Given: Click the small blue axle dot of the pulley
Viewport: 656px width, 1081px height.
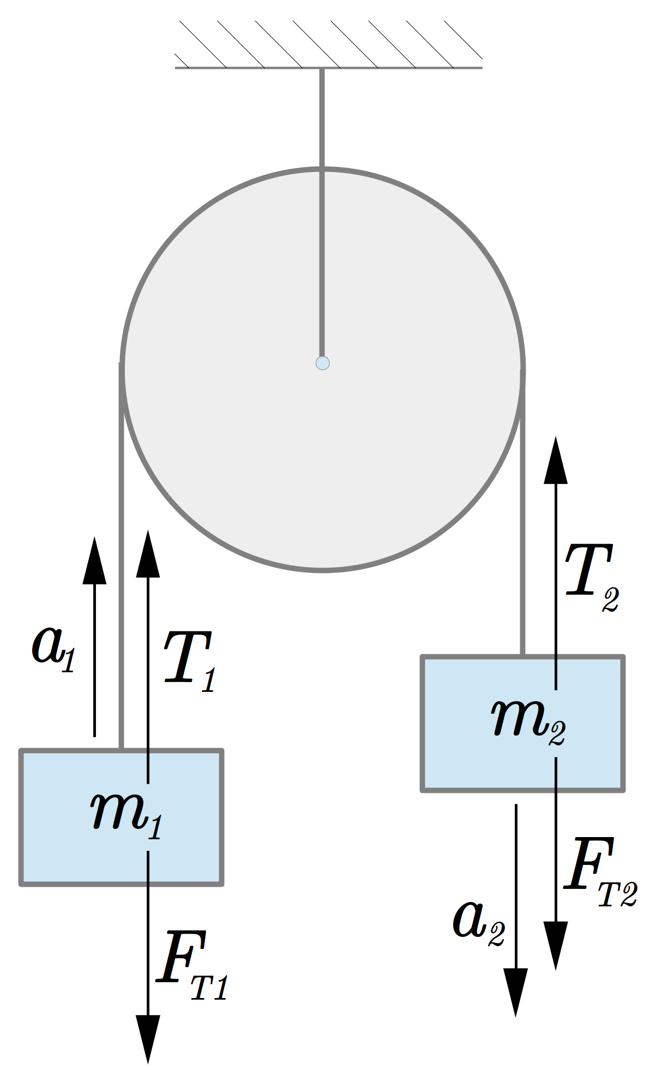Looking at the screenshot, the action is (322, 363).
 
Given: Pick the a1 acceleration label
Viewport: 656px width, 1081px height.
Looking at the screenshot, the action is (53, 649).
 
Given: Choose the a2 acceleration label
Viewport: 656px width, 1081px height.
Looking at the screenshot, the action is (479, 922).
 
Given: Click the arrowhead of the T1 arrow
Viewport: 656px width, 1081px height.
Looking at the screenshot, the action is (148, 553).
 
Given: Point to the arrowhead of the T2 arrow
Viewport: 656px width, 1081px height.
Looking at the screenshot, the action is (556, 460).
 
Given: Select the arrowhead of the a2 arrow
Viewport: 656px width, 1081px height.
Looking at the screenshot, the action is (515, 993).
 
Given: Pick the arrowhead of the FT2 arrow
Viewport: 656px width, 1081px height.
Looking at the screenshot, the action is (556, 946).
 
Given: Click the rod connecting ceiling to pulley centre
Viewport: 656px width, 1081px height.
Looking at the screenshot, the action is (322, 213).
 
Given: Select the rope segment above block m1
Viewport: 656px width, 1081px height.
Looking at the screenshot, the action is (121, 557).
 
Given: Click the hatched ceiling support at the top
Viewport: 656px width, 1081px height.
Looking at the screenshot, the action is (328, 45).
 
